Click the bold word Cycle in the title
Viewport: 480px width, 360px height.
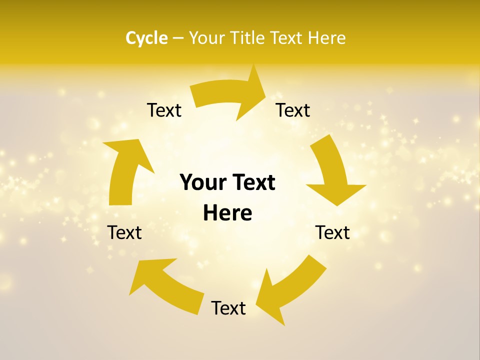point(146,38)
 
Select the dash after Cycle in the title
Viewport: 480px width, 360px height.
point(178,38)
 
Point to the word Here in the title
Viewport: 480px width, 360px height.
point(325,38)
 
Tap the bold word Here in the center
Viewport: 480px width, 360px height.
point(227,213)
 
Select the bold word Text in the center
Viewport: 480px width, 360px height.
point(252,182)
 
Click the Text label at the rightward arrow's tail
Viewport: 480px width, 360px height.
point(164,110)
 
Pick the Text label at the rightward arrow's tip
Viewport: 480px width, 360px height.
point(293,110)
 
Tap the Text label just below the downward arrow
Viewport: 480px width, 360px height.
point(332,232)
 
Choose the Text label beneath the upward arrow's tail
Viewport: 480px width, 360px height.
point(124,232)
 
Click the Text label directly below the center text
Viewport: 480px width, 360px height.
point(228,308)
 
